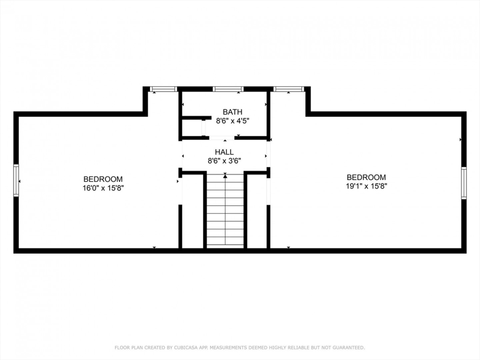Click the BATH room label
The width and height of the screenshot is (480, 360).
click(x=232, y=112)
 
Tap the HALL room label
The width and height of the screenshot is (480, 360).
click(x=224, y=152)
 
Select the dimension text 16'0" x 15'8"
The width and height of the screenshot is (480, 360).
click(x=103, y=188)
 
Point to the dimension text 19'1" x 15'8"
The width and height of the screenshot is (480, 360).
click(x=367, y=186)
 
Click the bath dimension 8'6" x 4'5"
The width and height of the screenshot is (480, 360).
click(x=233, y=121)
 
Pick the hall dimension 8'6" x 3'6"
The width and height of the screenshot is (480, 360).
click(x=224, y=161)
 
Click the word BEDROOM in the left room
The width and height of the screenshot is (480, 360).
click(x=103, y=179)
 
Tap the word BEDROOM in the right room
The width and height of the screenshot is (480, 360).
click(x=366, y=177)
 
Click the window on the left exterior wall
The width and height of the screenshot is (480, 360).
click(x=16, y=181)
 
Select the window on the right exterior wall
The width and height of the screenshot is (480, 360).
click(x=464, y=183)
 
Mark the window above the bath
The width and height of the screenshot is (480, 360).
click(x=228, y=89)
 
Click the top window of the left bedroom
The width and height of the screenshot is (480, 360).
click(x=163, y=89)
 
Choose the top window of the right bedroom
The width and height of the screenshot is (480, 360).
click(x=289, y=89)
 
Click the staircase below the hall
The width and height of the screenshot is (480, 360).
click(x=225, y=211)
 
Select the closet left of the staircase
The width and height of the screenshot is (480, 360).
click(x=193, y=211)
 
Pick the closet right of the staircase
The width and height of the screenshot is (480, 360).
click(x=257, y=211)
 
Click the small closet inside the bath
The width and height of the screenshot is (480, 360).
click(x=192, y=128)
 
